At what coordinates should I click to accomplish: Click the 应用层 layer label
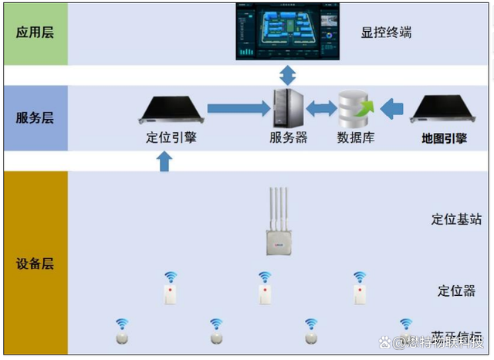(35, 33)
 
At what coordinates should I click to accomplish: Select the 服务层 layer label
(35, 118)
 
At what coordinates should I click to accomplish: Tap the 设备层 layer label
(35, 263)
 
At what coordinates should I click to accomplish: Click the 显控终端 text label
(385, 33)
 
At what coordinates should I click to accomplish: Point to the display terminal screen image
(287, 31)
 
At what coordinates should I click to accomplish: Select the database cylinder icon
(356, 109)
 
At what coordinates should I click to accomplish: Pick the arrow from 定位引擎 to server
(235, 109)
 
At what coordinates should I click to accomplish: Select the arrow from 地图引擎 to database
(393, 109)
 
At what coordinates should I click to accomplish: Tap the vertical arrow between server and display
(287, 75)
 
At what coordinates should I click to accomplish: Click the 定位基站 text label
(455, 219)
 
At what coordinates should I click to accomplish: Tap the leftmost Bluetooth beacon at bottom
(121, 334)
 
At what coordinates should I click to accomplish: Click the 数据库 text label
(356, 138)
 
